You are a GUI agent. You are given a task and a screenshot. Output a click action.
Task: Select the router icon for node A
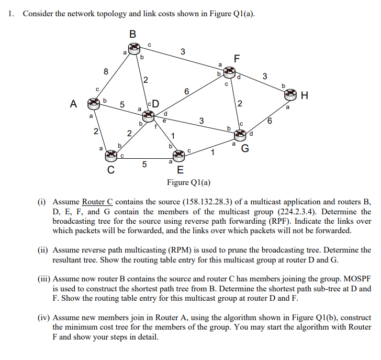(x=95, y=103)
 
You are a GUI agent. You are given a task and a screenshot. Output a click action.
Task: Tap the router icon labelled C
(x=111, y=155)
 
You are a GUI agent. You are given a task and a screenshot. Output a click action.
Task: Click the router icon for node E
(x=180, y=155)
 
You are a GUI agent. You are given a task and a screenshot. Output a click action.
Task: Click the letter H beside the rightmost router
(x=305, y=95)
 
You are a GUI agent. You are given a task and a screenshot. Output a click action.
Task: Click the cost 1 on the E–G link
(x=212, y=152)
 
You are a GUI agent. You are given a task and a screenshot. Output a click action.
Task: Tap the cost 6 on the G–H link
(x=269, y=122)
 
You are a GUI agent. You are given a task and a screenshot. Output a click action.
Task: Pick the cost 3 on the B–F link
(x=182, y=51)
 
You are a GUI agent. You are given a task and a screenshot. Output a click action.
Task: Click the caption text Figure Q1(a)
(x=189, y=182)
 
